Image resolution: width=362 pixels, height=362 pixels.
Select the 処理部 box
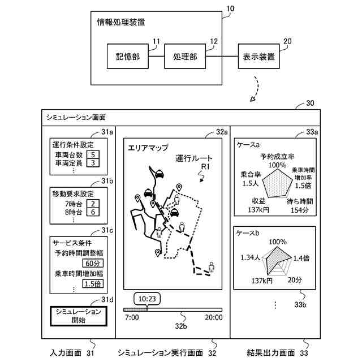click(185, 57)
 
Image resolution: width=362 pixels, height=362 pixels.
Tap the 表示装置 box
click(259, 57)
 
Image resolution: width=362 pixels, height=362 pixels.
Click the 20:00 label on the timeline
click(213, 318)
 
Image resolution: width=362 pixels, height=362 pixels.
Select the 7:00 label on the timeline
click(132, 318)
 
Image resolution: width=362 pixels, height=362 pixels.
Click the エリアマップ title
click(149, 148)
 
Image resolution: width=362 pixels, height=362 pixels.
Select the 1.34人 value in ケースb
click(249, 257)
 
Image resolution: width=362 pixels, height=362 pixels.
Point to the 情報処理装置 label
click(121, 23)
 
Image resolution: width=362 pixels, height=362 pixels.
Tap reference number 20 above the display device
click(287, 41)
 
